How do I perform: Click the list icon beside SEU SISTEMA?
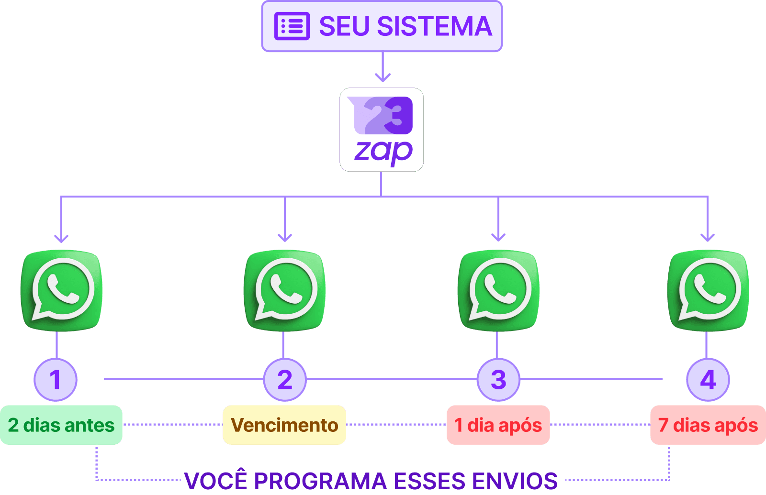point(292,26)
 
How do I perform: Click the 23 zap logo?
point(382,130)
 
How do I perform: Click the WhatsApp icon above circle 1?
point(61,290)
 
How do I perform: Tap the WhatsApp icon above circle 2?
point(285,290)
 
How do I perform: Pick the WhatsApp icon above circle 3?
point(498,290)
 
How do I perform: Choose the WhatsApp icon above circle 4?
point(708,290)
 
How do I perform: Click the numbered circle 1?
point(56,380)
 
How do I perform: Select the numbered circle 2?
point(285,380)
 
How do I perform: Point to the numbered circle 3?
point(498,380)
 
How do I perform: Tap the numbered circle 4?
point(708,380)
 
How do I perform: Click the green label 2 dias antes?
point(61,425)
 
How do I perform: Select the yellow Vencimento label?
point(284,425)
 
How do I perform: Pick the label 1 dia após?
point(498,425)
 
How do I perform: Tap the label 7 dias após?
point(708,425)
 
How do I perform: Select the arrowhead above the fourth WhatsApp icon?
point(708,237)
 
